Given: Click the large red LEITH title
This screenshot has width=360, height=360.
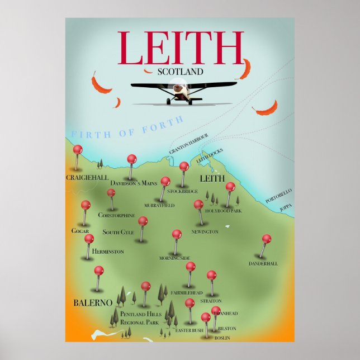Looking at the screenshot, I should point(181,49).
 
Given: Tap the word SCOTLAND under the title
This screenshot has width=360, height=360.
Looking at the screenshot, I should point(180,72).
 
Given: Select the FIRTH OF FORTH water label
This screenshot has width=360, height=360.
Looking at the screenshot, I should point(127,127).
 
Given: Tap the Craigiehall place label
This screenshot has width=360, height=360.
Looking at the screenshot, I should point(87,177).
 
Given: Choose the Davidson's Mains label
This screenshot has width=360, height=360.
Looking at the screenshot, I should point(134,183).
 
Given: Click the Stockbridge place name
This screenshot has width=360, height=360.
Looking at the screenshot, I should point(182,191).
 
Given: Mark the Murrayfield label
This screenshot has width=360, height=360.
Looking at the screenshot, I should point(159,206).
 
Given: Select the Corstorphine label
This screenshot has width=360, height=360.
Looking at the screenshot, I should point(116,215).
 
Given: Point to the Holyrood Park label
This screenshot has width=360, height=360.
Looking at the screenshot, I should point(223,211).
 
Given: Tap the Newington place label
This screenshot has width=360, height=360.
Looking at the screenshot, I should point(205,231).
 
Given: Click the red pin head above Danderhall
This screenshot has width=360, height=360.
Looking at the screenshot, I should point(267,239).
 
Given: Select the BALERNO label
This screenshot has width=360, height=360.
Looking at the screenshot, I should point(93,302).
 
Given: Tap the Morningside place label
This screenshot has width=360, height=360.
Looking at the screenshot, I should point(175,258).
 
